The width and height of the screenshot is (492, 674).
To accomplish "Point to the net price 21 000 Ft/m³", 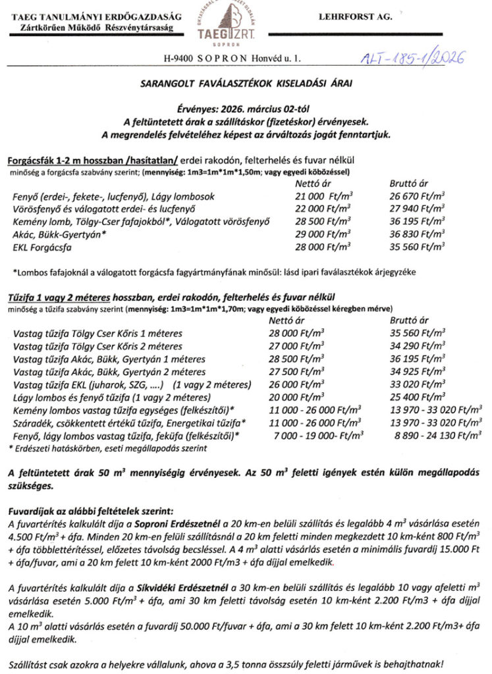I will coord(323,197).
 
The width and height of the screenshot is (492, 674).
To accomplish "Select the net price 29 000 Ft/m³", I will coord(323,235).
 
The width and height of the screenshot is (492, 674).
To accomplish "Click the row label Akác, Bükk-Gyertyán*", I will coord(60,235).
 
